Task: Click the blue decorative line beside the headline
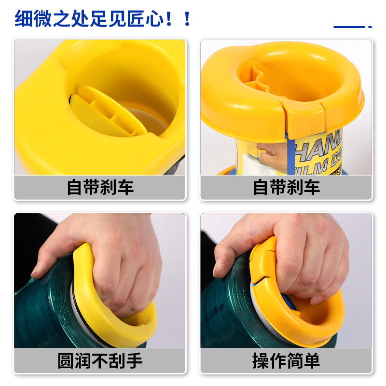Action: click(x=350, y=27)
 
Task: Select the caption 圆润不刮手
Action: click(x=100, y=360)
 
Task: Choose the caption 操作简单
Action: click(x=286, y=360)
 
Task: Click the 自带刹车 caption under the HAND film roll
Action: click(x=286, y=187)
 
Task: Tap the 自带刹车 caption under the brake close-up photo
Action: click(x=100, y=187)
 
